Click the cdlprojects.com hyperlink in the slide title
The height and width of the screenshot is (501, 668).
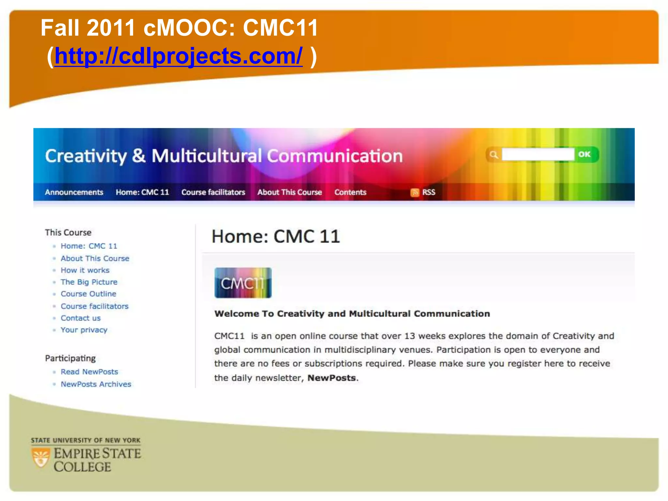click(x=178, y=56)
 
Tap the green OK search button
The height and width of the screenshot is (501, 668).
click(x=584, y=154)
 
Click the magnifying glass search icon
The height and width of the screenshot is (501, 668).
click(x=493, y=155)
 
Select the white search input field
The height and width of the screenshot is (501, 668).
click(x=538, y=154)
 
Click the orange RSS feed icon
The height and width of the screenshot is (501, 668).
click(x=415, y=192)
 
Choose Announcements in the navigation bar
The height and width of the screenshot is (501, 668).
click(x=74, y=192)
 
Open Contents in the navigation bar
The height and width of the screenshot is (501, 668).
click(x=350, y=192)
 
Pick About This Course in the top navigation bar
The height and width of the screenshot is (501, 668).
click(x=290, y=192)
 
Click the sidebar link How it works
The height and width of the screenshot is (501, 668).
click(x=85, y=270)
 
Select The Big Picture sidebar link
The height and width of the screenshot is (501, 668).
click(x=89, y=282)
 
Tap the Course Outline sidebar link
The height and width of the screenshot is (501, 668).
click(x=88, y=294)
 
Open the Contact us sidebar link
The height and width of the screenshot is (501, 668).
click(x=81, y=318)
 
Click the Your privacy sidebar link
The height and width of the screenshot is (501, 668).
click(x=84, y=330)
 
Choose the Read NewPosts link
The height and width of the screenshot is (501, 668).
click(x=89, y=372)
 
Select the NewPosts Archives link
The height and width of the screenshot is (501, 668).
click(x=96, y=384)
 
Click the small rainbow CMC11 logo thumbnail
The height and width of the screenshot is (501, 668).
click(x=243, y=283)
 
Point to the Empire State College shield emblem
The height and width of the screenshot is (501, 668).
click(x=41, y=457)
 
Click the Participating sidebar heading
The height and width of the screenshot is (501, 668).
click(x=70, y=358)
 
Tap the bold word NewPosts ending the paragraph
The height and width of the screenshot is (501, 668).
click(x=331, y=378)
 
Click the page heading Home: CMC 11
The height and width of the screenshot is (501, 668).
click(x=276, y=236)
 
